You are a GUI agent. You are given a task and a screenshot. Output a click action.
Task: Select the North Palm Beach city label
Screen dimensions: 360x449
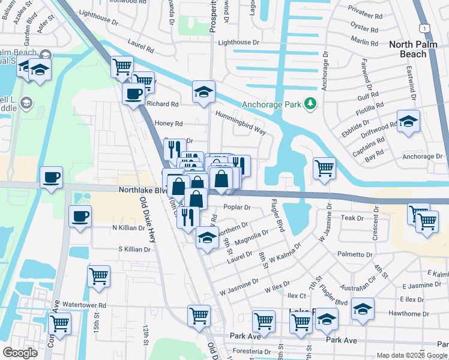[416, 49]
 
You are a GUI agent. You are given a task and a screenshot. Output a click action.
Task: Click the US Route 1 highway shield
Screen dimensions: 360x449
[425, 29]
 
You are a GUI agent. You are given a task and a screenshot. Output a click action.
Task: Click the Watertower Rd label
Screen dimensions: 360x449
[84, 305]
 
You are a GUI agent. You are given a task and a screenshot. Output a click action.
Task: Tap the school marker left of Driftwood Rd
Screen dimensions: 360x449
[408, 122]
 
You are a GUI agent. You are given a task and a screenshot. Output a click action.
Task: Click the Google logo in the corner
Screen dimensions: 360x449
[20, 353]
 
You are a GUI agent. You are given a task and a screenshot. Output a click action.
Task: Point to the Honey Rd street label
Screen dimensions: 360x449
[169, 124]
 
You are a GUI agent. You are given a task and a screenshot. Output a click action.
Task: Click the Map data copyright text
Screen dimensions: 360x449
[411, 355]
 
